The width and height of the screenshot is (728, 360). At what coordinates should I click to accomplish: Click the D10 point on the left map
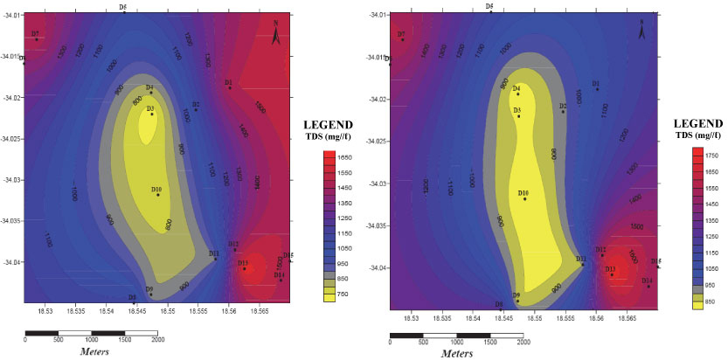tap(158, 194)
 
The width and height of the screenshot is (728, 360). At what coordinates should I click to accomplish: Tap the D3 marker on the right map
tap(518, 115)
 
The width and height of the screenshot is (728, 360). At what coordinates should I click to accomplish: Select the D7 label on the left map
tap(35, 33)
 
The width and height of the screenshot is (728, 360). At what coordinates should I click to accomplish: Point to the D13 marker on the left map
tap(245, 268)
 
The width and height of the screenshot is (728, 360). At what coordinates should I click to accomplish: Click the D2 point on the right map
tap(564, 112)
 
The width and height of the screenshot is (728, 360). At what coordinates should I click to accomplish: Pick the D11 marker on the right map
tap(583, 264)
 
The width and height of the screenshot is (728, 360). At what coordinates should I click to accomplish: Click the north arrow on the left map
tap(276, 36)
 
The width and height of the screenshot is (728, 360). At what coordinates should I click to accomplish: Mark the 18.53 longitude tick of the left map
tap(45, 309)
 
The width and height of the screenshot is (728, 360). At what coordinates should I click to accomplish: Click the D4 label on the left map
tap(149, 87)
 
